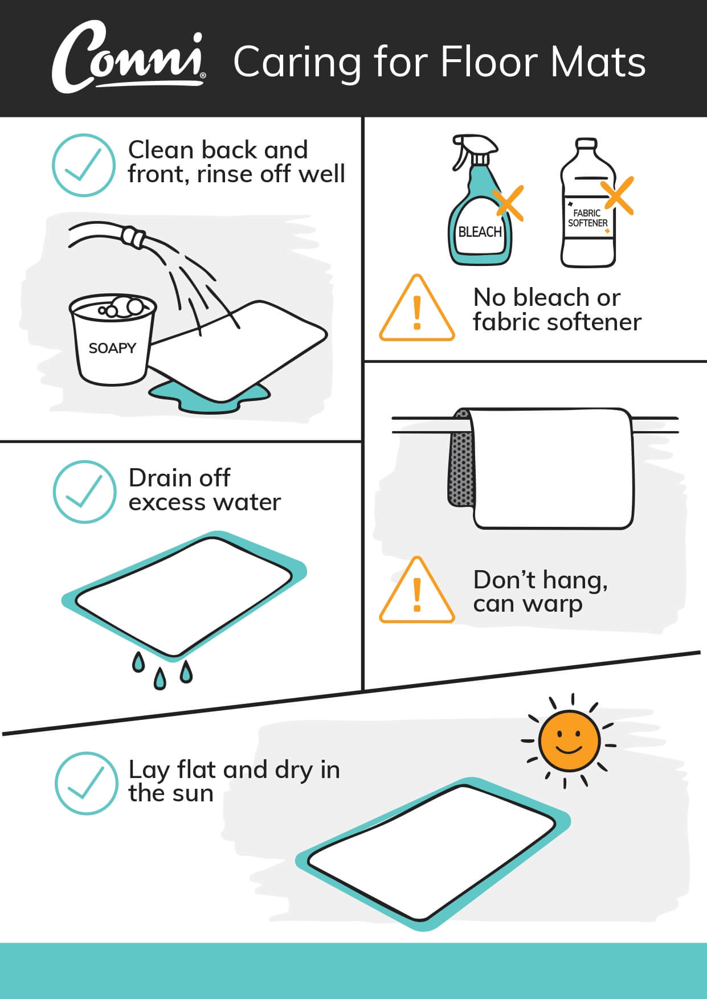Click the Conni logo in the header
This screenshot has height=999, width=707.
coord(129,57)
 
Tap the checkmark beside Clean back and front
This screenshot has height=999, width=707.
coord(84,165)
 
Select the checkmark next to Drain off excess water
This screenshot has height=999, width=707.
coord(84,492)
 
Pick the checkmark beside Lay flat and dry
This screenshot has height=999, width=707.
coord(86,783)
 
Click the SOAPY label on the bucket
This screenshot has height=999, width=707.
coord(112,348)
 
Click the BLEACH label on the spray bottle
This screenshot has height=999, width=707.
coord(480,232)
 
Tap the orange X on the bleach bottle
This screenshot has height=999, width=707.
coord(508,203)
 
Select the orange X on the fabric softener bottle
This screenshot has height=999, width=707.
coord(618,195)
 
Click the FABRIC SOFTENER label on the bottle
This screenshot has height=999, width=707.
coord(587,218)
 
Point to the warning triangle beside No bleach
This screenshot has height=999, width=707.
coord(417,308)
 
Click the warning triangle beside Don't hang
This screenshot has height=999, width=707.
coord(417,590)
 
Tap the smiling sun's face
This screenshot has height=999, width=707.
coord(569,741)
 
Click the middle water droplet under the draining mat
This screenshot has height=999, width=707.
coord(160,678)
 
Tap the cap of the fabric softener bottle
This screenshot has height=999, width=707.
coord(586,144)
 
